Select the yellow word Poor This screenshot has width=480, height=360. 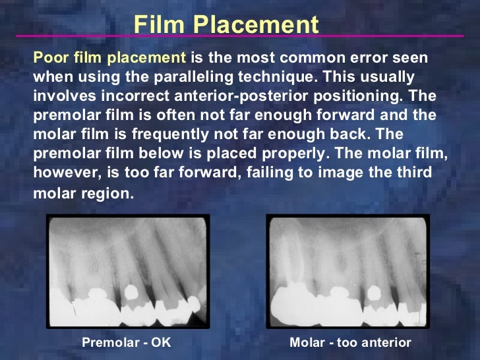click(x=49, y=57)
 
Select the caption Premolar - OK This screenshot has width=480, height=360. click(x=126, y=343)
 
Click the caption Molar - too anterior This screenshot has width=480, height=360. click(x=350, y=343)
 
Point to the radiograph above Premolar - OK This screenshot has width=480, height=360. click(x=128, y=271)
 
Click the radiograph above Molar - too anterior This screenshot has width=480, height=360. click(x=348, y=271)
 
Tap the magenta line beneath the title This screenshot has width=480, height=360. click(x=240, y=36)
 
